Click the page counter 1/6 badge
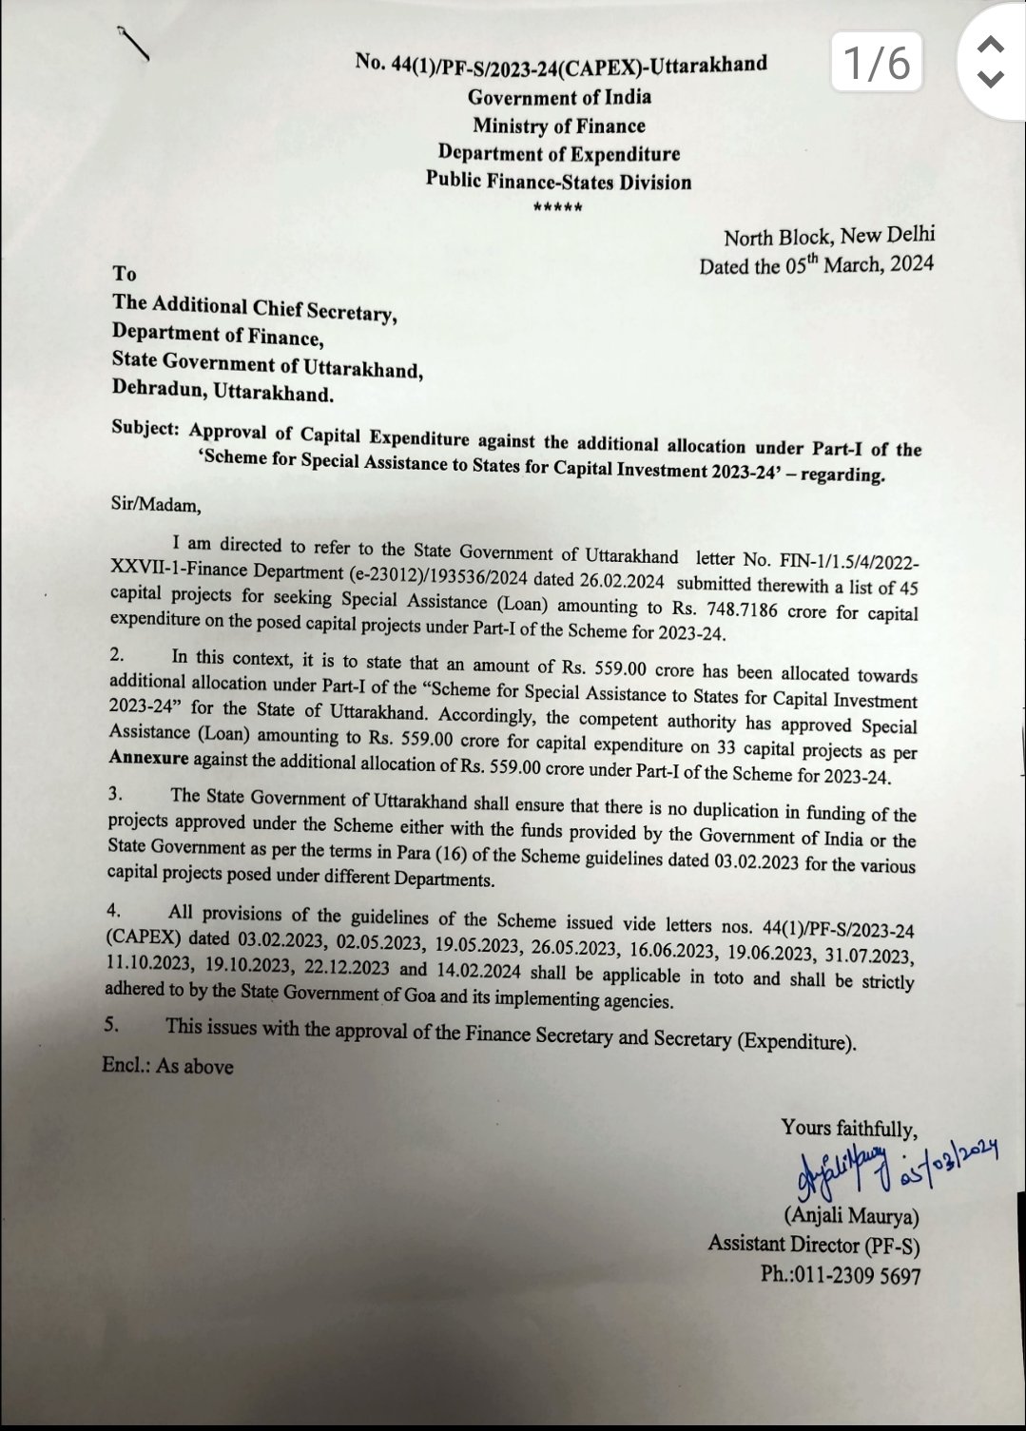pos(876,63)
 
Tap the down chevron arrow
pos(991,79)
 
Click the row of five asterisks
pos(558,208)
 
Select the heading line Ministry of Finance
pos(559,126)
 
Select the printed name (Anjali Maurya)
pos(850,1217)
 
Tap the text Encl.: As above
pos(167,1066)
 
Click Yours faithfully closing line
pos(849,1129)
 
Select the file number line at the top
pos(561,65)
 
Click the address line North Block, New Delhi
pos(828,237)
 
